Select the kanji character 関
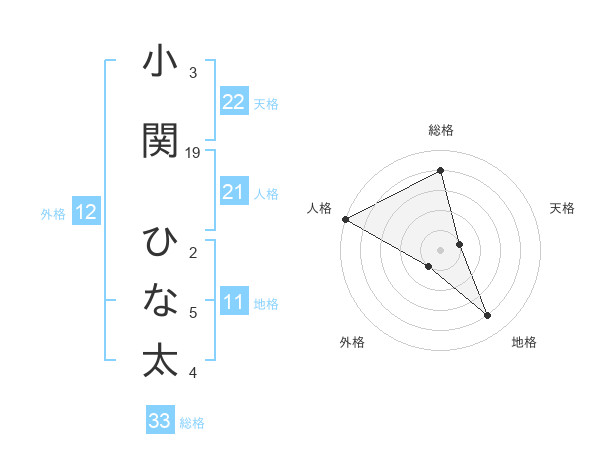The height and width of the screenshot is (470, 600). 160,141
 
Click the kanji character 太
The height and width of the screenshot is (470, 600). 160,361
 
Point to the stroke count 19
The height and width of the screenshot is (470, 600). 193,152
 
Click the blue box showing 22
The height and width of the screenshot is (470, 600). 234,101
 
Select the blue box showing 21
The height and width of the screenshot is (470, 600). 234,192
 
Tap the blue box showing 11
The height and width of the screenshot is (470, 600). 234,302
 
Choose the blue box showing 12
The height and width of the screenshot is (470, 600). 86,212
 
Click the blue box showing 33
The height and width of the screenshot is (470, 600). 160,421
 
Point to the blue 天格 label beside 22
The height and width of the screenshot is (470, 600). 266,103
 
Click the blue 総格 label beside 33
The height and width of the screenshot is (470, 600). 192,423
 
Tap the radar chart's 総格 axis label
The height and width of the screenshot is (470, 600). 441,131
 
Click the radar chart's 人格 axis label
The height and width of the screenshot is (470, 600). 320,208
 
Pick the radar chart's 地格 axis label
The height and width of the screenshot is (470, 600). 524,342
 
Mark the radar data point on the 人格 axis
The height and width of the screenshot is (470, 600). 345,218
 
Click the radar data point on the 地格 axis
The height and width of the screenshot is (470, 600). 488,315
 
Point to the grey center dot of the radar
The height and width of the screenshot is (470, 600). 441,249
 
